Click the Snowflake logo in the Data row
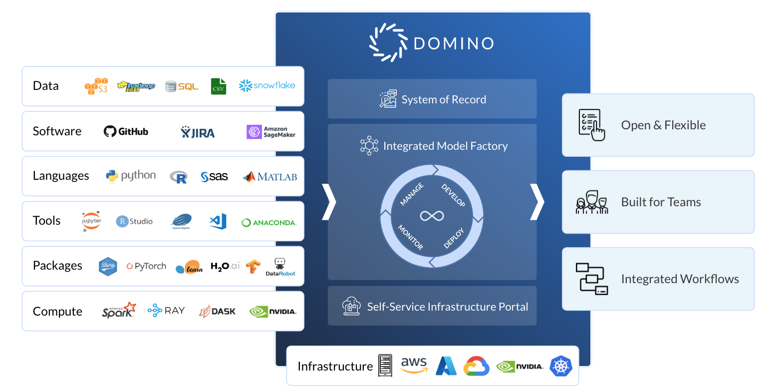(267, 85)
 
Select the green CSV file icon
(218, 86)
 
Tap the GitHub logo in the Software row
(126, 131)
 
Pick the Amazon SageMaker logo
(271, 132)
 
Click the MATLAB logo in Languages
(269, 176)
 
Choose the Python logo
(131, 176)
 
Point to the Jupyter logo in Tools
(91, 221)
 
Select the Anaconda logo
(268, 223)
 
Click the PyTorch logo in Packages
(146, 266)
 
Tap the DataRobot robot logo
(280, 266)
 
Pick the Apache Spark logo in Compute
(119, 310)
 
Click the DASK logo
(217, 311)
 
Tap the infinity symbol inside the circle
(432, 216)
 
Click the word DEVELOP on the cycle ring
(453, 195)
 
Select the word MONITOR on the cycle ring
(410, 237)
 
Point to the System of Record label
(443, 99)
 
